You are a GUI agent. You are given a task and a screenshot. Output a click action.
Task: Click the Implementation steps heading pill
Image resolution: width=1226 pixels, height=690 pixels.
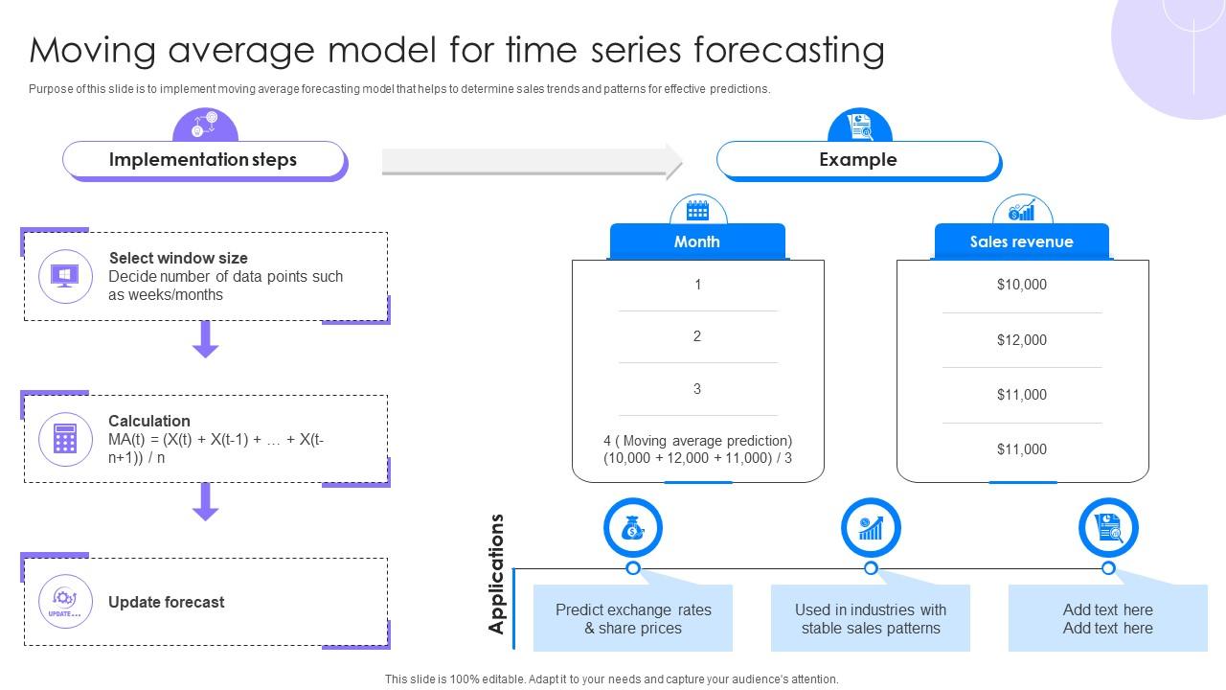(x=203, y=160)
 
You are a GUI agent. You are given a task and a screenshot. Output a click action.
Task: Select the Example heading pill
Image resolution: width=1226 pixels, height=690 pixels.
(x=857, y=160)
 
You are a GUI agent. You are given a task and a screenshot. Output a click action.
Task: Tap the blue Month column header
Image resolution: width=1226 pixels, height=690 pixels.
(x=697, y=241)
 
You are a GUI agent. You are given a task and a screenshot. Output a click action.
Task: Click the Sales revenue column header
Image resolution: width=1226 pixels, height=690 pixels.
(x=1021, y=241)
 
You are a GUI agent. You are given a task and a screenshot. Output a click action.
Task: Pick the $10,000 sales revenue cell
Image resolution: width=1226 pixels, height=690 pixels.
(x=1022, y=285)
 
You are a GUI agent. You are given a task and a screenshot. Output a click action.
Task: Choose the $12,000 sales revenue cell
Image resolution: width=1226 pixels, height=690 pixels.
(x=1022, y=340)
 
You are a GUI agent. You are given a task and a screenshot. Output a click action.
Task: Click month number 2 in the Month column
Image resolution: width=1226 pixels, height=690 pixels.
(x=697, y=336)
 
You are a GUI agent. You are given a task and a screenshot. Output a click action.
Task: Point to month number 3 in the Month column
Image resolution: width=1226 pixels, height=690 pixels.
(x=697, y=389)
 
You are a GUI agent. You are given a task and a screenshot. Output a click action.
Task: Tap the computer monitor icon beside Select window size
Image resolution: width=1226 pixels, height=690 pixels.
(x=65, y=276)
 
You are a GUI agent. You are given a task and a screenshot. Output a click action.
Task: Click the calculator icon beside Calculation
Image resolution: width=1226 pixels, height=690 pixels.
(x=65, y=439)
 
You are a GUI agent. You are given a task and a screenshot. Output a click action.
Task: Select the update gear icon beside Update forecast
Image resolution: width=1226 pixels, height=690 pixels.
(x=65, y=602)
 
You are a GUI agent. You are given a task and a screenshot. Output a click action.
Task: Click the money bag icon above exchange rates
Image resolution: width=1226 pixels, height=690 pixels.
(x=632, y=528)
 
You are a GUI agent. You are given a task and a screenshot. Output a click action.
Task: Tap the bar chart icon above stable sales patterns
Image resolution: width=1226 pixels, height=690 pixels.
(x=871, y=528)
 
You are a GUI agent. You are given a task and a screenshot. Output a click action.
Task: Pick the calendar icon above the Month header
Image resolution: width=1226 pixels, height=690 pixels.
(x=697, y=210)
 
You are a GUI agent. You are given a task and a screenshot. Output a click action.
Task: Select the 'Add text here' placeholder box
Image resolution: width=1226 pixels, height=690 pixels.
(x=1107, y=619)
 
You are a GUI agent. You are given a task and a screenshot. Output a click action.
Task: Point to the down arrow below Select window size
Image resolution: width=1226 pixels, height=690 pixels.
(x=205, y=339)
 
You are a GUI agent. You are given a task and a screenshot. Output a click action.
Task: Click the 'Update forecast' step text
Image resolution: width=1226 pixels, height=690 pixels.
(x=167, y=602)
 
